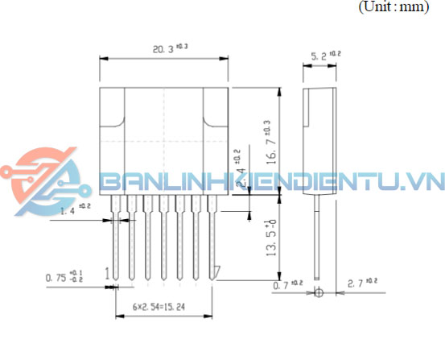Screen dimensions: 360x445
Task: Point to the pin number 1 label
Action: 106,273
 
